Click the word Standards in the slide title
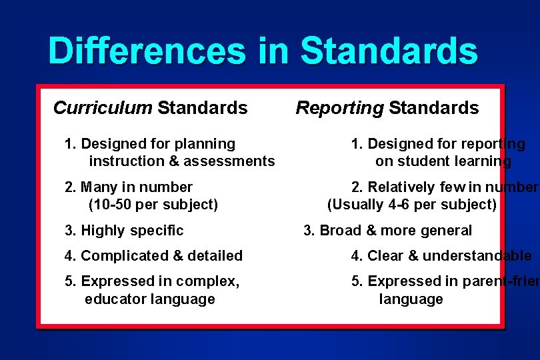(389, 51)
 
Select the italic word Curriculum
(103, 108)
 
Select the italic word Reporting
(340, 108)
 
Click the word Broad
(340, 231)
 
